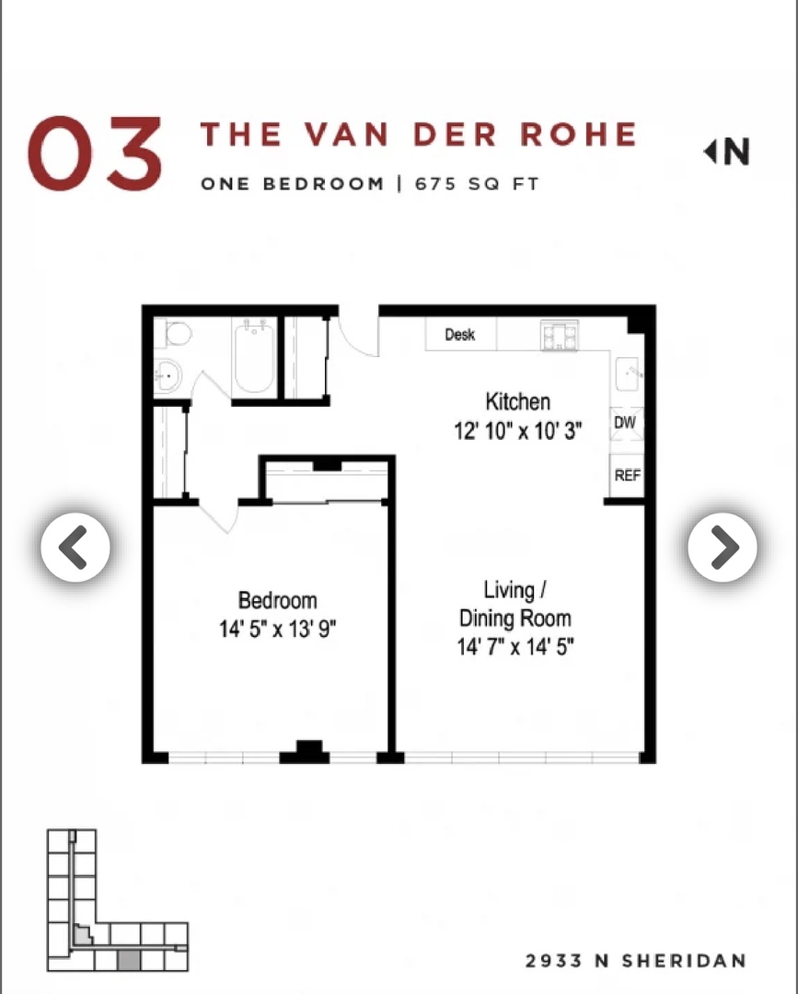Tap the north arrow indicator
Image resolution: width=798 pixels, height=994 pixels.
click(727, 152)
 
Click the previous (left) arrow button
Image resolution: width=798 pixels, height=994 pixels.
click(75, 548)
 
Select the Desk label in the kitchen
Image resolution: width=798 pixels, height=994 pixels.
click(459, 335)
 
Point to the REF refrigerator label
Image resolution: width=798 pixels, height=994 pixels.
click(627, 476)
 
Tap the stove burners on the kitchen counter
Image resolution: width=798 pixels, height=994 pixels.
click(559, 335)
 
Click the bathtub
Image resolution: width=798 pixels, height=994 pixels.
click(252, 358)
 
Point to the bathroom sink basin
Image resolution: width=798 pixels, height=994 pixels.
click(168, 376)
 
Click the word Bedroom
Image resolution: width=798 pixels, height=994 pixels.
click(277, 601)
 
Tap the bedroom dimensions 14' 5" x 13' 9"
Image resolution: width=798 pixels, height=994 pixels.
click(276, 630)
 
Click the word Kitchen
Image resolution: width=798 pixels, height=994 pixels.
click(517, 401)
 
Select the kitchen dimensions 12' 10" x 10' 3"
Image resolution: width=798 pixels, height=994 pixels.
click(517, 431)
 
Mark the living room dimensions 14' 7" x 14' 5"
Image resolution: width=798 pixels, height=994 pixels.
click(515, 647)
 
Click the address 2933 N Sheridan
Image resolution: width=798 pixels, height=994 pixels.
click(635, 961)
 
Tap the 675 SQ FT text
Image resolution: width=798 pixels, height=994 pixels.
click(477, 182)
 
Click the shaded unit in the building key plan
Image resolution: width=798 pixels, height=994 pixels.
click(129, 960)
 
